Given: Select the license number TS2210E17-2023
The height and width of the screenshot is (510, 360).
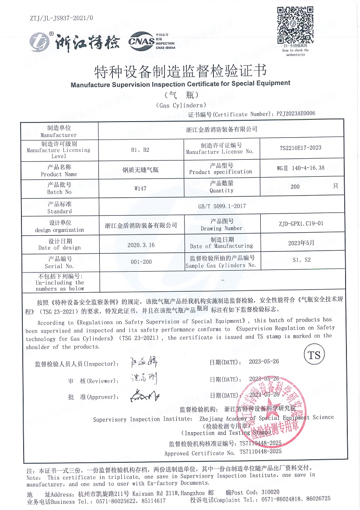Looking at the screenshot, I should click(x=300, y=148).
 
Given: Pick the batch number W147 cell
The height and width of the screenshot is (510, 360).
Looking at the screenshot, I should click(x=140, y=187).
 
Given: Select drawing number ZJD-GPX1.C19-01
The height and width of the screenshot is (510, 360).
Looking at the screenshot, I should click(x=300, y=224).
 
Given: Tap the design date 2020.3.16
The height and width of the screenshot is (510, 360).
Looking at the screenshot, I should click(x=141, y=245).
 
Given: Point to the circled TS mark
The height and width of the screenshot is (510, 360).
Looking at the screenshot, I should click(x=315, y=355).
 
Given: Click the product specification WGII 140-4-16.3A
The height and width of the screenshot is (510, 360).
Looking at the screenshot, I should click(x=300, y=167).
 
